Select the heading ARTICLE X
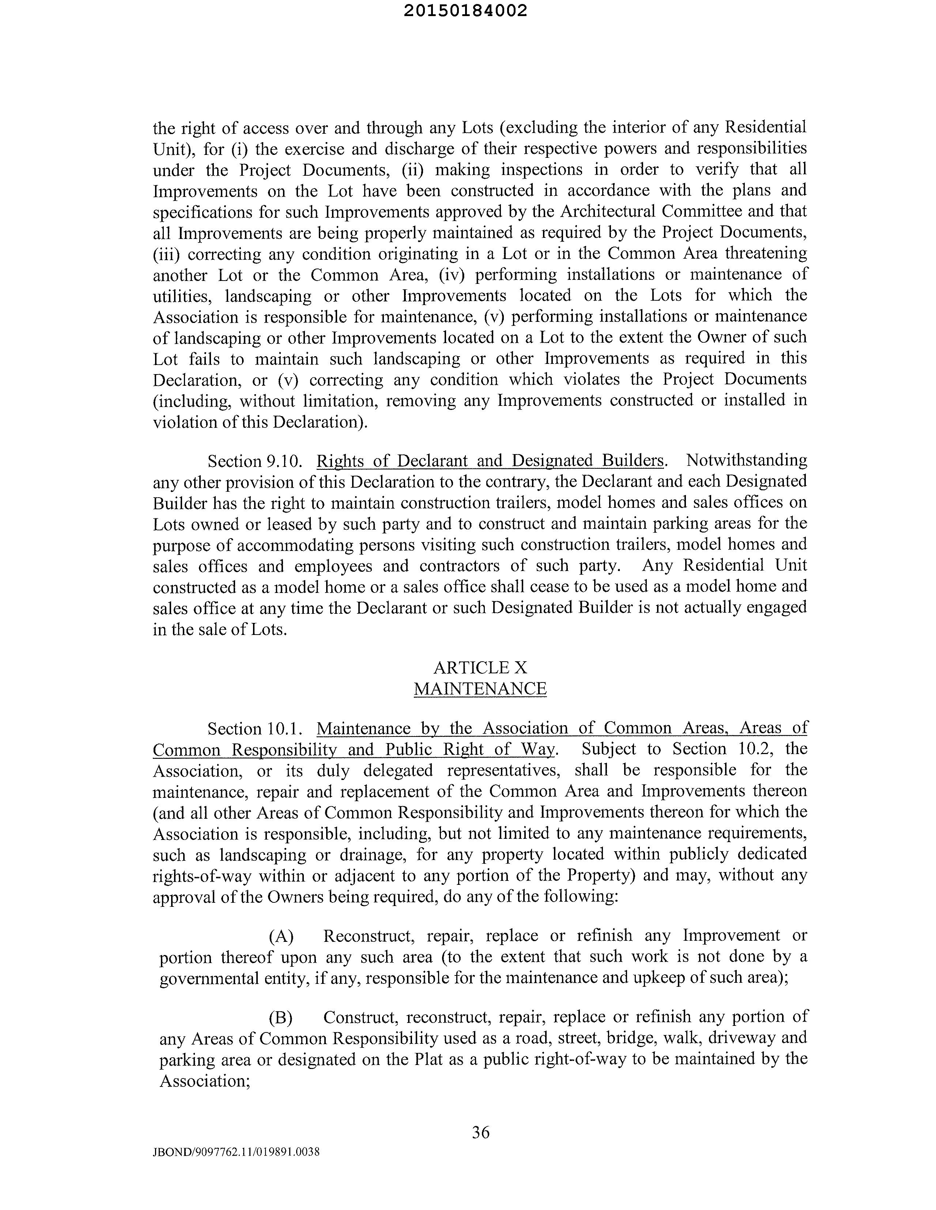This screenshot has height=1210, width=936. (480, 667)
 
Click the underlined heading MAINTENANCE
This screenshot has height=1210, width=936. (480, 689)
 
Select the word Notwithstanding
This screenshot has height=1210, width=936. (746, 460)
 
